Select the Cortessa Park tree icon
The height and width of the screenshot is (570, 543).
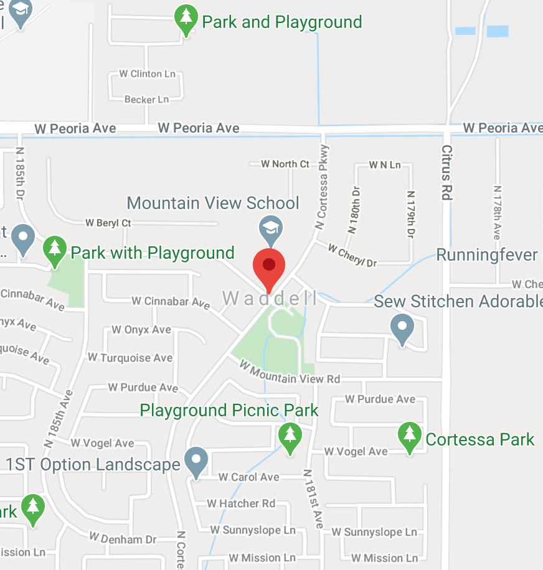pos(409,437)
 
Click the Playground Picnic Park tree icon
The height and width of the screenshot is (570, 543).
pos(290,438)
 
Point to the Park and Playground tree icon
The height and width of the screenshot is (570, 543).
pos(186,20)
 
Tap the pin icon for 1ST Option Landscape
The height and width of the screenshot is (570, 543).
pos(197,463)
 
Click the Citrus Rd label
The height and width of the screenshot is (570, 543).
pos(446,172)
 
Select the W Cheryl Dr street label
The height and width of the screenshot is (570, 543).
pos(352,256)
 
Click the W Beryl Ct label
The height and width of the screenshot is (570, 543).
pos(108,222)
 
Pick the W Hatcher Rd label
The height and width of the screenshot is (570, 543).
pos(241,503)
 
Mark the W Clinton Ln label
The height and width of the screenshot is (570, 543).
pos(147,74)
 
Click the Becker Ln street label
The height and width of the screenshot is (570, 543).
pos(146,100)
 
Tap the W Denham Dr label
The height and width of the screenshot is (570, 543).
pos(123,538)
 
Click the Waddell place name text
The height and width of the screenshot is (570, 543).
pos(270,299)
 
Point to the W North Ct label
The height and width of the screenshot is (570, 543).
pos(285,164)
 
